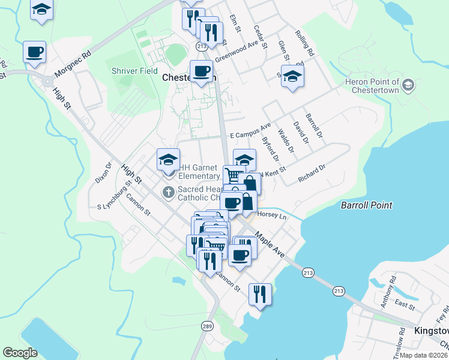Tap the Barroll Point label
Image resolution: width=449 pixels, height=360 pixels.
point(366,205)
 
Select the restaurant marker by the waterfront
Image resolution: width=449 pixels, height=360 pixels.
point(261,293)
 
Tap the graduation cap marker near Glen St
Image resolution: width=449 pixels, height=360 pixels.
point(292,76)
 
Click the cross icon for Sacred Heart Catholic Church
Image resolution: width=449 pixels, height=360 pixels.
point(169,192)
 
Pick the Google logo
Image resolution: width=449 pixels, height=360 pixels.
point(20,353)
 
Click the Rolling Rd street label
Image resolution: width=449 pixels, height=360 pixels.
point(305,44)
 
